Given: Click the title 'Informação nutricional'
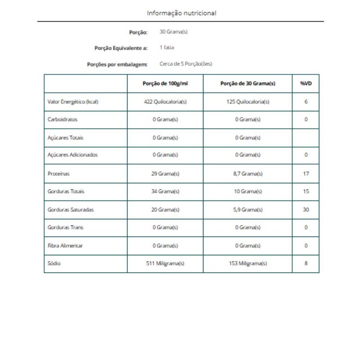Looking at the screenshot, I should (181, 13).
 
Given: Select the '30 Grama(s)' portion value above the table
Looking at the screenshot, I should (173, 32).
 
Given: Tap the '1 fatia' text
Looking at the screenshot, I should (166, 47).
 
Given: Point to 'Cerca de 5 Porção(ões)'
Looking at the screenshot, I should (186, 64).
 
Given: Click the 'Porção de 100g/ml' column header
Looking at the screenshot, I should (165, 84).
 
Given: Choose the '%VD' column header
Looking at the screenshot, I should (306, 84).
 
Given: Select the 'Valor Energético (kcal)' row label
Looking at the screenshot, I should (73, 102).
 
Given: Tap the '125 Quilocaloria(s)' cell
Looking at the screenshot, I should (247, 102).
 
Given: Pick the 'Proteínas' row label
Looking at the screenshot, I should (58, 173).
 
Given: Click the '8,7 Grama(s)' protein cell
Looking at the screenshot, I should (247, 173).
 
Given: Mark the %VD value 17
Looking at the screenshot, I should (306, 173).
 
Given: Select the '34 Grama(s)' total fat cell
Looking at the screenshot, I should (165, 191).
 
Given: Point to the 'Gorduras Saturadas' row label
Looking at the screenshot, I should (71, 210).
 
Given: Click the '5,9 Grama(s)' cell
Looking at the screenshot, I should (247, 210).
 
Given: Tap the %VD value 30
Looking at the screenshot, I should (306, 210).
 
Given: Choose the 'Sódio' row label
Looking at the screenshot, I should (54, 263).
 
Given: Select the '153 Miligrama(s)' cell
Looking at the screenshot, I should (247, 263).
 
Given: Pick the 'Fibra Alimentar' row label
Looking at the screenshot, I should (65, 246).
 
